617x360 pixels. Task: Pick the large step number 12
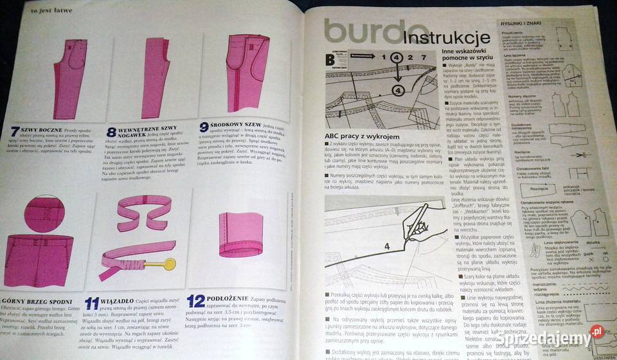(x=195, y=300)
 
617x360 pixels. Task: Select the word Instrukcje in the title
(x=443, y=37)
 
